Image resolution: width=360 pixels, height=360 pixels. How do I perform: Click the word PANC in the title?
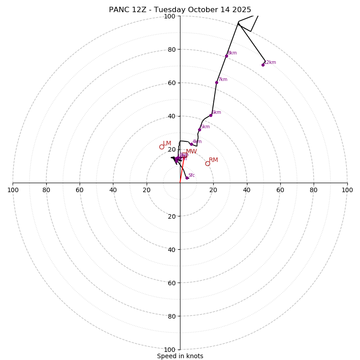click(118, 10)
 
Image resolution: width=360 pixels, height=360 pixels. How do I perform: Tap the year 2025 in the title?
click(242, 10)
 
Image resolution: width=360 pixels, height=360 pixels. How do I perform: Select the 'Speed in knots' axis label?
click(180, 356)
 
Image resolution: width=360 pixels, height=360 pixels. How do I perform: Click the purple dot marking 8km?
click(226, 56)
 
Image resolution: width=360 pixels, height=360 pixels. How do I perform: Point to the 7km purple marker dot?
click(216, 82)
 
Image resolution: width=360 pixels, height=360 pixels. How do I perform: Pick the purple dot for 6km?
click(211, 115)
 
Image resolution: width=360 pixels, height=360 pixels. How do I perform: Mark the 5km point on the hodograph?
click(199, 130)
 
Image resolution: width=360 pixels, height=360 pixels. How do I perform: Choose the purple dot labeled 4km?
click(191, 144)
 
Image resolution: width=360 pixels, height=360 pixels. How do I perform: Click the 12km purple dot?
click(263, 65)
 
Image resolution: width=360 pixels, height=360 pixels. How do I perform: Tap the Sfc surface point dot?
click(187, 178)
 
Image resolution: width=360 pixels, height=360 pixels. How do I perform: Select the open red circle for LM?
click(162, 147)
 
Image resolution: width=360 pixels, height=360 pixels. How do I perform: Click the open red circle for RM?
click(207, 163)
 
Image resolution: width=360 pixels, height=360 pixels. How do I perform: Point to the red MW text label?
click(191, 152)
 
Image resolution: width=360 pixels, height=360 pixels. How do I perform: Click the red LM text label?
click(167, 144)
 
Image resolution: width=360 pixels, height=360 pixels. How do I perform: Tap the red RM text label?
click(213, 160)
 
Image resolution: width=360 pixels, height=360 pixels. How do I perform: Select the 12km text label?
click(270, 63)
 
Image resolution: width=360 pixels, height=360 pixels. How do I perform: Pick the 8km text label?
click(232, 53)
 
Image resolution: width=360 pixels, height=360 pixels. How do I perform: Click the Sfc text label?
click(192, 175)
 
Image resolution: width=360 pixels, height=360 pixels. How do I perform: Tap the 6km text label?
click(216, 112)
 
